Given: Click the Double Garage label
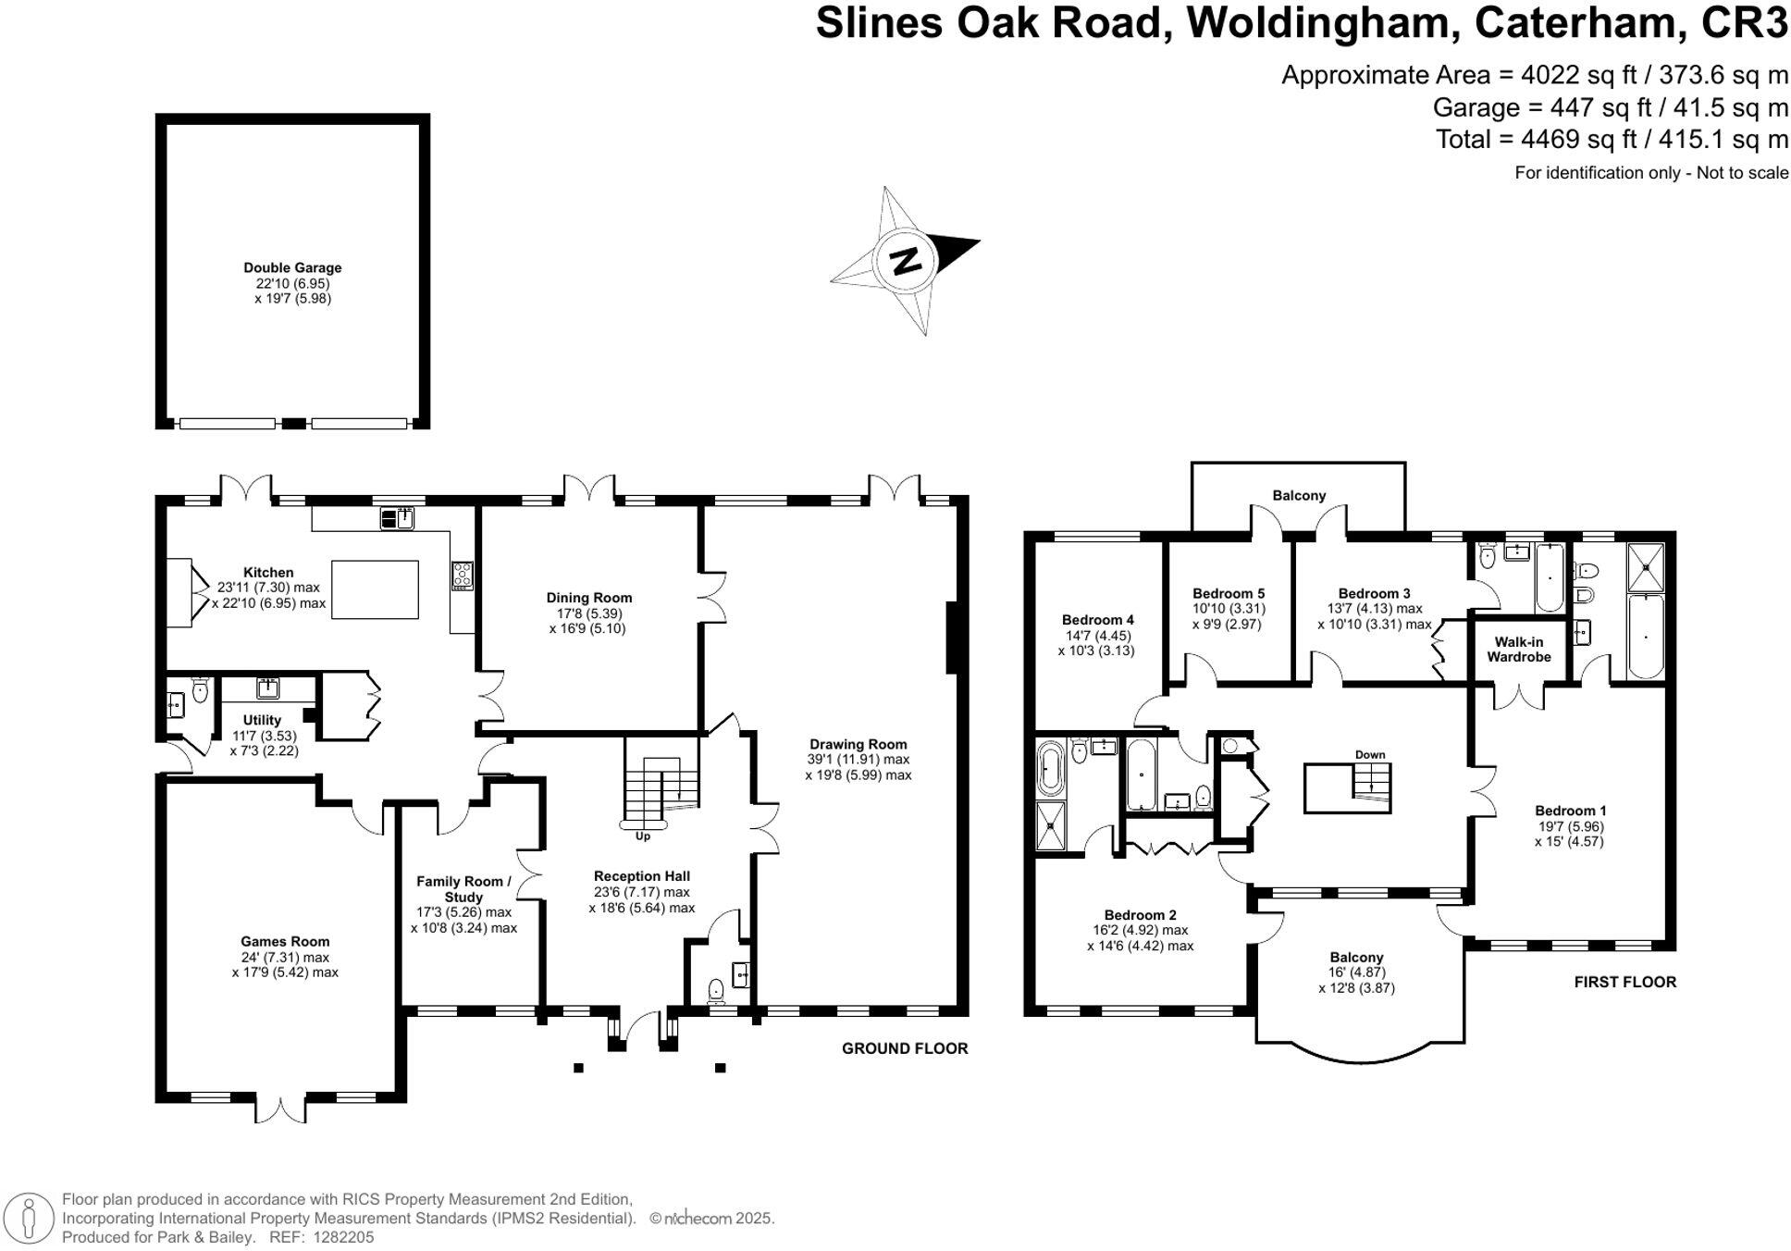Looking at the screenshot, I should tap(292, 268).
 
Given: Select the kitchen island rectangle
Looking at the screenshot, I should tap(375, 589).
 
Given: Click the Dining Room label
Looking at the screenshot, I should tap(588, 598).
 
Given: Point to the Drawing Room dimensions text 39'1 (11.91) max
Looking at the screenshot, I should tap(858, 760).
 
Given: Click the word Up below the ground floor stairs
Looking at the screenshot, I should tap(642, 836).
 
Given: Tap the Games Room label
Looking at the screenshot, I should tap(285, 942).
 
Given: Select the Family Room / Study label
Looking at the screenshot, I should tap(463, 889).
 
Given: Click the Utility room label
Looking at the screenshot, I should tap(262, 720).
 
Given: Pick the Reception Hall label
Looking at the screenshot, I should tap(641, 876).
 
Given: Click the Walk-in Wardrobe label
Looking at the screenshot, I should tap(1518, 650).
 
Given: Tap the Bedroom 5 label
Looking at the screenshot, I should tap(1228, 594).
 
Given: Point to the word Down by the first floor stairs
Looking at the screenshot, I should tap(1370, 755).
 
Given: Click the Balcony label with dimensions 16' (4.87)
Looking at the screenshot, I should tap(1356, 958).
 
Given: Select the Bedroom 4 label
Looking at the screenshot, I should tap(1097, 620).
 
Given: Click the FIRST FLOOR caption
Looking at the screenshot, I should tap(1624, 982).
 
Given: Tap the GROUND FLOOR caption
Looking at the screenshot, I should tap(904, 1048).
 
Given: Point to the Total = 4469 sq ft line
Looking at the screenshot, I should tap(1611, 140).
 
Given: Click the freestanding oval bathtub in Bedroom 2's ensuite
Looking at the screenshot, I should tap(1051, 768).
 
